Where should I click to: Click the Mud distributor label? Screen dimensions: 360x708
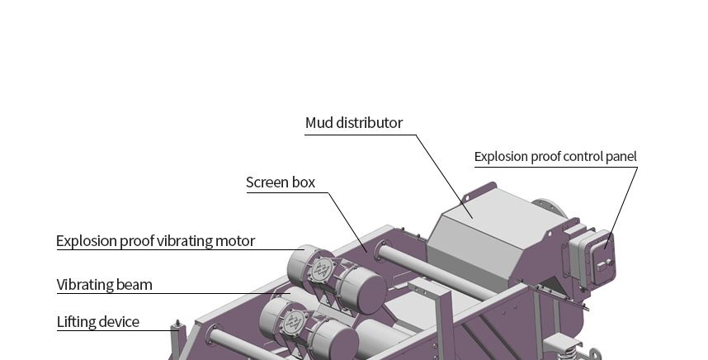[353, 123]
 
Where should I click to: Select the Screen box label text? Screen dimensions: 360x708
[281, 182]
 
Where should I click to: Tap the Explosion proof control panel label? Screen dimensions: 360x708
[555, 156]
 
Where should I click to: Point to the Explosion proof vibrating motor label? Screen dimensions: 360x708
[155, 241]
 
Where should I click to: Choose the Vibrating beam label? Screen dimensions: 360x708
[104, 285]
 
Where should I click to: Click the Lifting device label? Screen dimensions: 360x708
[97, 321]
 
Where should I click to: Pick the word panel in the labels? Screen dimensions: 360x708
[620, 156]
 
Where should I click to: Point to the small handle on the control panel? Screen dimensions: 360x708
[610, 263]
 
